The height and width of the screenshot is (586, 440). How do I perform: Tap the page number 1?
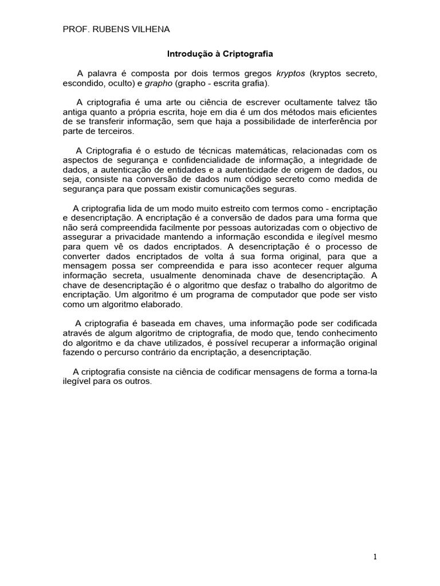point(375,556)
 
